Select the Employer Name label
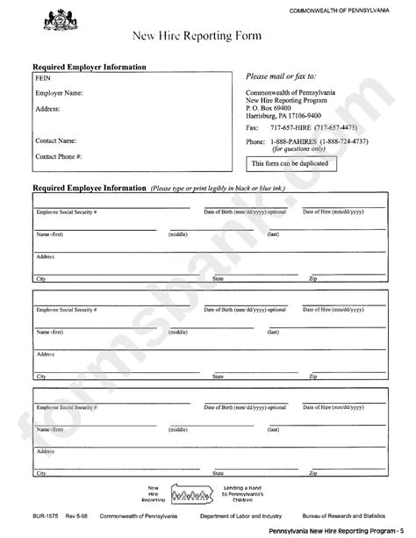(59, 92)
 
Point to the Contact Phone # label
(58, 156)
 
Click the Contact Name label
(55, 140)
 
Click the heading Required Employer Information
(89, 67)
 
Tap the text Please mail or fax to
(281, 76)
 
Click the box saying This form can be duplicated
(290, 163)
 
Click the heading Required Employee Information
(89, 188)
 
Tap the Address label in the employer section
(47, 109)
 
